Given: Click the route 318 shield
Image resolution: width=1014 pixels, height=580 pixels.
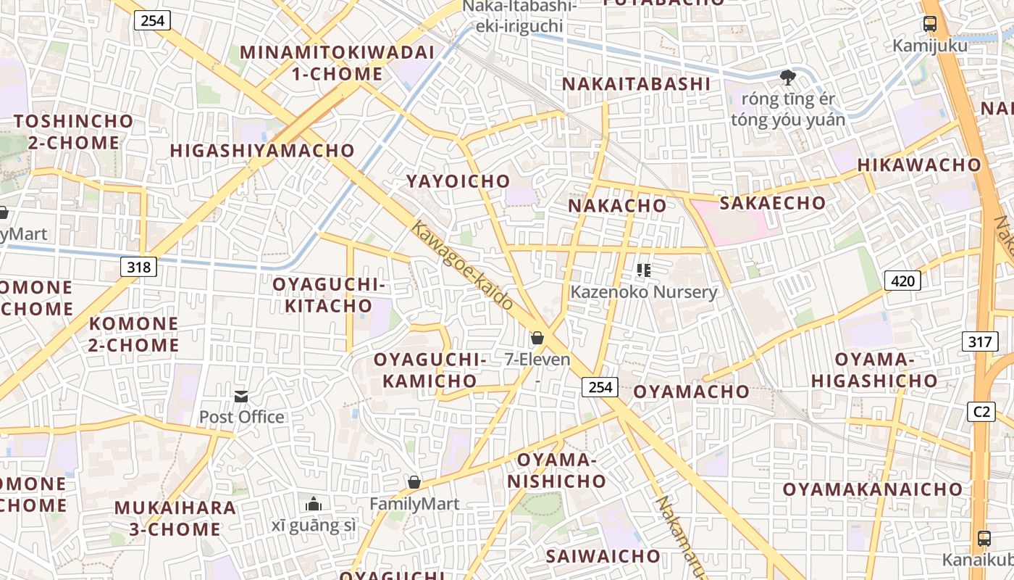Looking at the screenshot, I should pos(138,267).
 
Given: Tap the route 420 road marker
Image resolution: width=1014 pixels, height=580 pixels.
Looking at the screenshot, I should pos(902,280).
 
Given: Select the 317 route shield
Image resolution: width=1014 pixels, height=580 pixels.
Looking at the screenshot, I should pos(980,341).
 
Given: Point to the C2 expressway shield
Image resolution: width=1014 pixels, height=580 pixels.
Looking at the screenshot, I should pos(981,412).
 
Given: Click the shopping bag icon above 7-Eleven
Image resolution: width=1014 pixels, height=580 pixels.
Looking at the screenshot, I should pos(537,338).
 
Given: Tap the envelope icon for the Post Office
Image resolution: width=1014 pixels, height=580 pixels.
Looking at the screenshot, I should pos(241,396).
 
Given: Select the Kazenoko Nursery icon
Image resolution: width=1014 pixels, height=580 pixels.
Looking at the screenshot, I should pos(643,270).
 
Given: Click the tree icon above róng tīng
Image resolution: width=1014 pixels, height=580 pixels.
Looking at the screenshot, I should pos(787,77).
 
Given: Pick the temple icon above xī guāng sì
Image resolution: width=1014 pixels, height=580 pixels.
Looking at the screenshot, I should pos(314,503).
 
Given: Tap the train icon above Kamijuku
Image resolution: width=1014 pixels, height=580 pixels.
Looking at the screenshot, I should pos(930,24).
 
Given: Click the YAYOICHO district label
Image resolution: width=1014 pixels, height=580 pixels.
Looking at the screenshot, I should pos(458,181).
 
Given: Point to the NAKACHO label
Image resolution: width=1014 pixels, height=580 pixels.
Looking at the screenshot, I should pos(617,206).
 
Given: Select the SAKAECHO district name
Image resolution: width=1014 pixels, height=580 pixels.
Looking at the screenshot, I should pos(772,203).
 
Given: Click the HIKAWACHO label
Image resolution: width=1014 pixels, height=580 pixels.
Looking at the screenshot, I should pos(919,165).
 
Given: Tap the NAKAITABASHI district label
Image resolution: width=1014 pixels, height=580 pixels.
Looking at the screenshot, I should pos(637,84).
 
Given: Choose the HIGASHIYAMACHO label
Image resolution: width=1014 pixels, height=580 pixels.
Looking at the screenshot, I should pos(262,151).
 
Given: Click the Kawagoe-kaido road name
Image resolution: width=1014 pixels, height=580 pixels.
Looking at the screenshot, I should pos(463,265).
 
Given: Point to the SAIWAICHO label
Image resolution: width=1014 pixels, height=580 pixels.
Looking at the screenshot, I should pos(603,556).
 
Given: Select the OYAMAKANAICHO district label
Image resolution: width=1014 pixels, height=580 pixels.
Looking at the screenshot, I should pos(872,489).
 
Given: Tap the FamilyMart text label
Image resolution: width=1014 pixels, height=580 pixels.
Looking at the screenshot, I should pos(414,504).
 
